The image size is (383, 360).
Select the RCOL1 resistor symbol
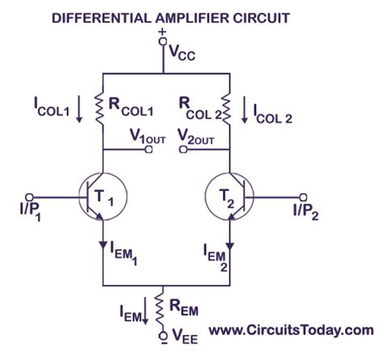pyautogui.click(x=102, y=107)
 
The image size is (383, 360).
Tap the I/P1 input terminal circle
pyautogui.click(x=30, y=197)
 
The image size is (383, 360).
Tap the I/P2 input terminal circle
pyautogui.click(x=304, y=197)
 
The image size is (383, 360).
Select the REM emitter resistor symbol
pyautogui.click(x=164, y=307)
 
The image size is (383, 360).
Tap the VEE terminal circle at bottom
pyautogui.click(x=164, y=332)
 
